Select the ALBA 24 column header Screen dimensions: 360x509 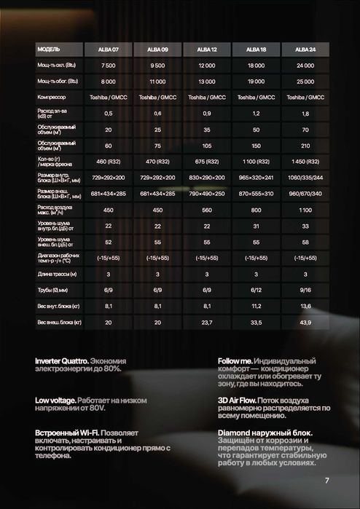(305, 50)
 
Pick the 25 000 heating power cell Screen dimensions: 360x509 (305, 81)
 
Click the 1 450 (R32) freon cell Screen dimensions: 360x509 (305, 160)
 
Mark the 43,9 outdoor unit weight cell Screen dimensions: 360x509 (305, 321)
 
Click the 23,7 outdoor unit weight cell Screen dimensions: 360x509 (206, 321)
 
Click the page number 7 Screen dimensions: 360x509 (327, 481)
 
